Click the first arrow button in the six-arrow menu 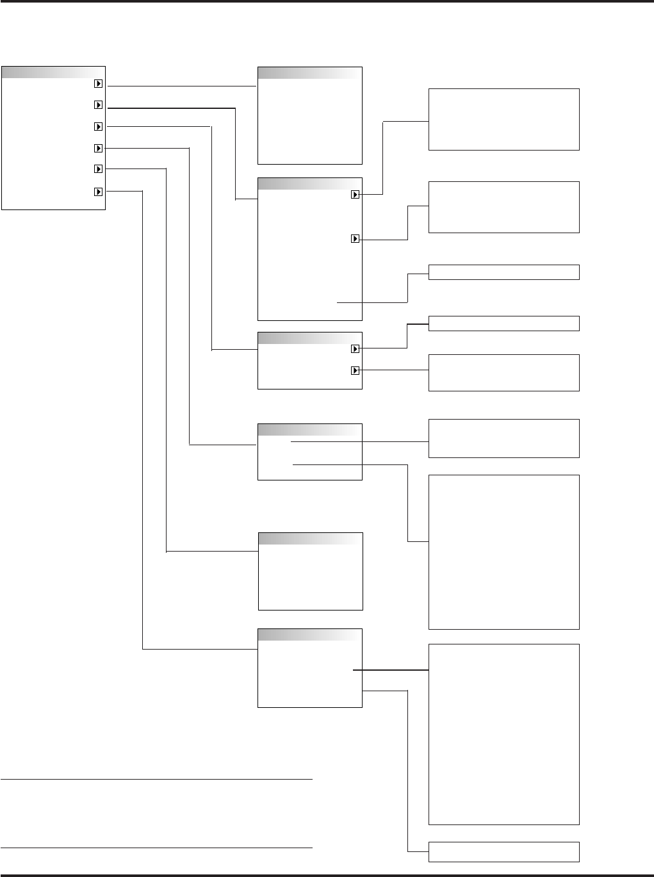coord(98,83)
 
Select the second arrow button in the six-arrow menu coord(98,104)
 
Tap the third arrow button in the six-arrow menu coord(98,126)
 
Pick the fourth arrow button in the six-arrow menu coord(98,148)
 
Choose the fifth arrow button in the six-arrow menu coord(98,169)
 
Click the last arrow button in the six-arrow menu coord(98,191)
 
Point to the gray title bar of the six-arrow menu coord(53,72)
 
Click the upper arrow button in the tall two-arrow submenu coord(355,195)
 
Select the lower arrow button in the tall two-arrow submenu coord(355,239)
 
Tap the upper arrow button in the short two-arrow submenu coord(355,349)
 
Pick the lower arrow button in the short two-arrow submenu coord(355,370)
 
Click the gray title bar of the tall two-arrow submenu coord(309,184)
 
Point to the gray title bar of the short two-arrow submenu coord(309,338)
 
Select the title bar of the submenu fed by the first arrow coord(309,72)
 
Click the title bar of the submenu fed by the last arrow coord(309,634)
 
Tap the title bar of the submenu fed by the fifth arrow coord(310,538)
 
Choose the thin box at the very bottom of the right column coord(503,852)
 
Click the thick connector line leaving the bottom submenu coord(391,670)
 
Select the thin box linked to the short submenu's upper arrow coord(503,324)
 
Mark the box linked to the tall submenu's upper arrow coord(503,120)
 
